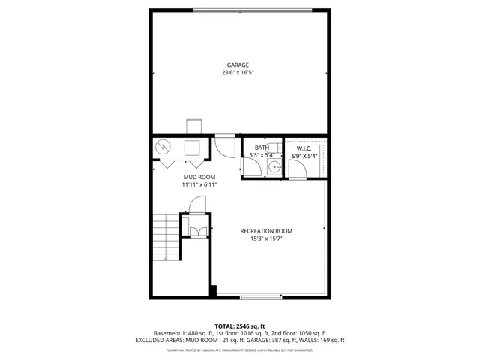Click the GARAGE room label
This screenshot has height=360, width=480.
[x=240, y=65]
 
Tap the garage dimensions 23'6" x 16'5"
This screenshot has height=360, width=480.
[x=240, y=73]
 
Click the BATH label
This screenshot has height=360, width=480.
[x=262, y=148]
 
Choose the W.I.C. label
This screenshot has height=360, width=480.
[x=304, y=148]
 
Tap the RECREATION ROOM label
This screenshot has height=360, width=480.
[x=266, y=231]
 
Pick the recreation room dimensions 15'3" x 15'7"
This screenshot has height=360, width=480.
[x=266, y=239]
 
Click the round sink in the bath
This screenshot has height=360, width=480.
[x=275, y=166]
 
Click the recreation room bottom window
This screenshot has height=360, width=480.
[x=261, y=298]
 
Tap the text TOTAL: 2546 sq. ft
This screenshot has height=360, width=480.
[x=240, y=325]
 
